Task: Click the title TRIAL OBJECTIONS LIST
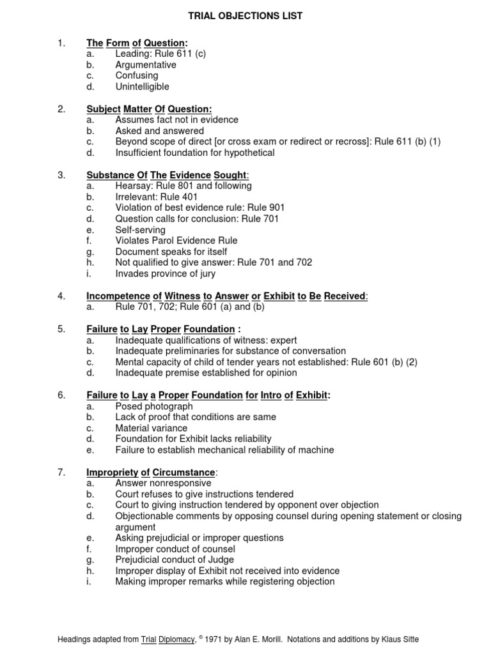245,15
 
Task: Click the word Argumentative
146,65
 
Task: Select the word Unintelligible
142,86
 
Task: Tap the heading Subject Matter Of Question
149,109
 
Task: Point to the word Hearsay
132,186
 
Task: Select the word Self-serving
140,229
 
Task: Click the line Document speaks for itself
171,252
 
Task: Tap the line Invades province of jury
165,273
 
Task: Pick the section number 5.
61,329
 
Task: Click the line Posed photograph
153,406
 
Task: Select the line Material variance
152,428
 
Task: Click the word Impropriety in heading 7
112,472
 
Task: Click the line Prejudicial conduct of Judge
175,559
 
